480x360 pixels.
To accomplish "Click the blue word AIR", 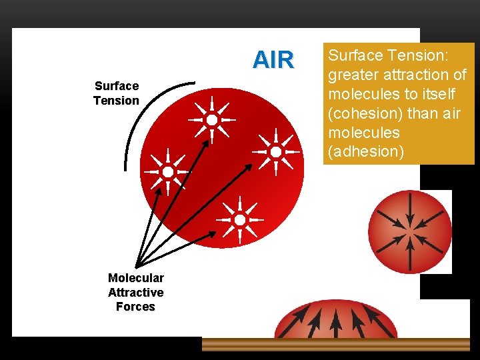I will pyautogui.click(x=273, y=60).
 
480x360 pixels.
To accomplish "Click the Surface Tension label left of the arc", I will pyautogui.click(x=116, y=93).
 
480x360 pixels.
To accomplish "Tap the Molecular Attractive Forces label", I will pyautogui.click(x=135, y=293).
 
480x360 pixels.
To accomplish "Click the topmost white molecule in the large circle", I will pyautogui.click(x=211, y=120).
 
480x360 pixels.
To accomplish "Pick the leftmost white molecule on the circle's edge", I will pyautogui.click(x=168, y=172).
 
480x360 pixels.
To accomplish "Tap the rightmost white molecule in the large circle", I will pyautogui.click(x=275, y=151).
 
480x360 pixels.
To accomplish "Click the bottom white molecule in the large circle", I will pyautogui.click(x=240, y=219).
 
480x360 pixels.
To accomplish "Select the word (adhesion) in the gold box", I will pyautogui.click(x=364, y=151).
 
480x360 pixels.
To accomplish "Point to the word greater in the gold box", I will pyautogui.click(x=351, y=75).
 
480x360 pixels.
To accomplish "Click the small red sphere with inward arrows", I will pyautogui.click(x=409, y=232).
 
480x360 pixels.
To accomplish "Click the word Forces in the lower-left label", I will pyautogui.click(x=135, y=307).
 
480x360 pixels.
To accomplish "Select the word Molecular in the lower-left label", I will pyautogui.click(x=135, y=278).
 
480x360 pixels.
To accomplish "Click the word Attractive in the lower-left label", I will pyautogui.click(x=135, y=293).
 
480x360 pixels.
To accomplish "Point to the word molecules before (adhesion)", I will pyautogui.click(x=363, y=133).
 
